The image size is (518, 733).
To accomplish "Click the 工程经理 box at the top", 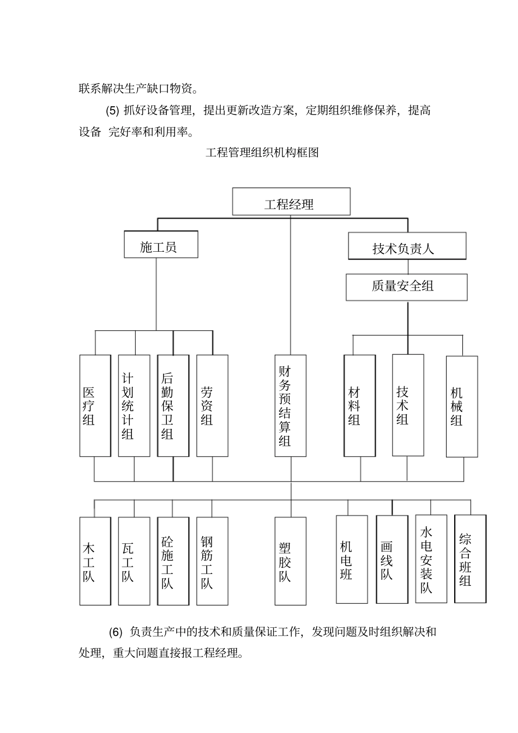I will [x=291, y=202].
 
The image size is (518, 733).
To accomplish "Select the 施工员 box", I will [x=160, y=245].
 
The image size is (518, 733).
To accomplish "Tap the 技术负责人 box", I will [x=407, y=246].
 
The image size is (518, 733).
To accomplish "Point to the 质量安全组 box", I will [x=406, y=287].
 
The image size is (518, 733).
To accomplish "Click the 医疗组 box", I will [x=95, y=405].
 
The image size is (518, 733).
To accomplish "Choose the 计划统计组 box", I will [x=134, y=405].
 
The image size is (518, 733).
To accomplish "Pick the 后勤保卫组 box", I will [x=173, y=405].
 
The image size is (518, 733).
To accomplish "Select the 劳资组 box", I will [x=212, y=405].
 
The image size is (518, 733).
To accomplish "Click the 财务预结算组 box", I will [x=290, y=405].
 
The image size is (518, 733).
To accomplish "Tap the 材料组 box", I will [x=359, y=405].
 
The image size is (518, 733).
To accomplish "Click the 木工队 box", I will [x=95, y=561].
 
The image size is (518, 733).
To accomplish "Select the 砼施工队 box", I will [x=173, y=561].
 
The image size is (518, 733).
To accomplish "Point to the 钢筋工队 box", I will [x=212, y=561].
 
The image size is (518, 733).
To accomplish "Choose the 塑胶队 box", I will [x=290, y=561].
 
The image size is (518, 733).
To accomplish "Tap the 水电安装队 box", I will [x=431, y=559].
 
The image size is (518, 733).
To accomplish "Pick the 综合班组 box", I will [x=470, y=559].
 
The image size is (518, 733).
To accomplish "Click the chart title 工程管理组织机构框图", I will [x=262, y=153].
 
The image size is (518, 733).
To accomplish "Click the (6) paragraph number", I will [x=116, y=632].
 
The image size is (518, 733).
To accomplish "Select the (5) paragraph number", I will [x=112, y=111].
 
